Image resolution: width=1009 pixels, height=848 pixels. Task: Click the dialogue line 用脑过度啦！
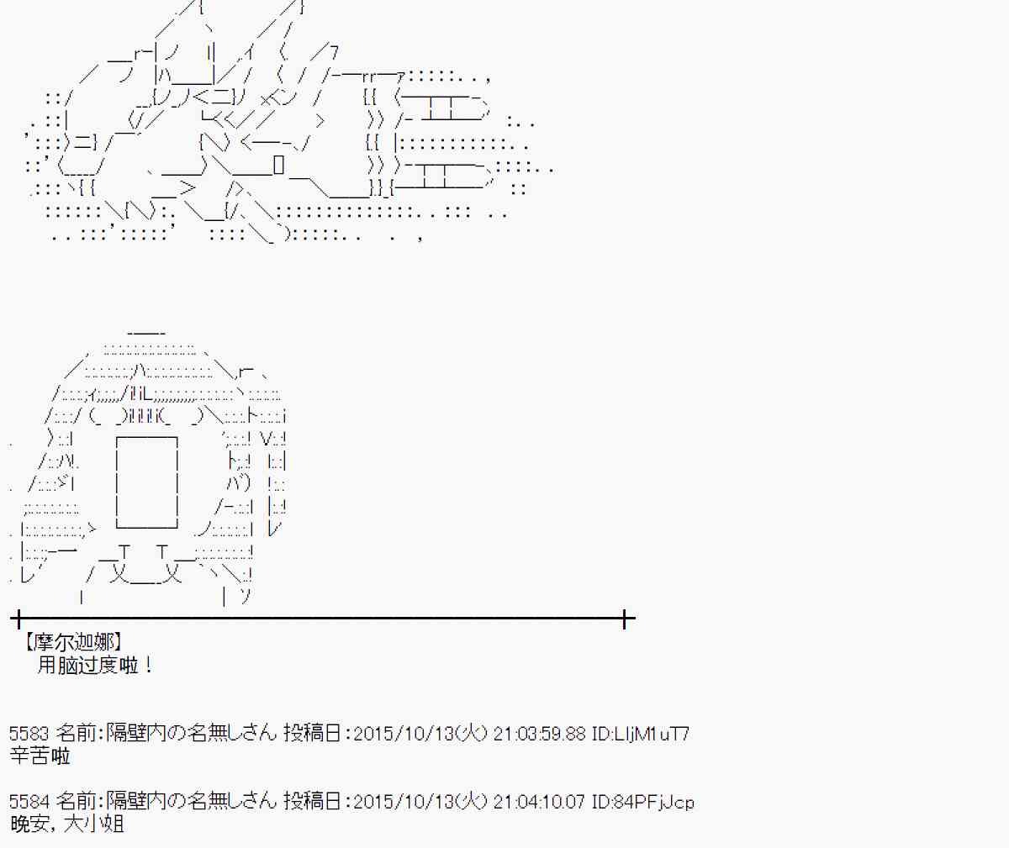pyautogui.click(x=95, y=666)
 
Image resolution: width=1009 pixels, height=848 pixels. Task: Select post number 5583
pyautogui.click(x=29, y=734)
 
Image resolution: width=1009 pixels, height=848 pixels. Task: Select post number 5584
pyautogui.click(x=29, y=802)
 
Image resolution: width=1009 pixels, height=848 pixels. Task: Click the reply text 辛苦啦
pyautogui.click(x=40, y=756)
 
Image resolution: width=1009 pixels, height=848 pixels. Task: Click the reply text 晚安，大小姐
pyautogui.click(x=67, y=824)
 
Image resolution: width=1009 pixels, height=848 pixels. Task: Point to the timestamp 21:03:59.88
pyautogui.click(x=539, y=734)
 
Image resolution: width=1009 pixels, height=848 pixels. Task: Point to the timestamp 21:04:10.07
pyautogui.click(x=539, y=802)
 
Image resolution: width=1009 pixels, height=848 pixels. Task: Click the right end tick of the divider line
pyautogui.click(x=625, y=620)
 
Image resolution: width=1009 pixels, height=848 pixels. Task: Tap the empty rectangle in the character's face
pyautogui.click(x=146, y=482)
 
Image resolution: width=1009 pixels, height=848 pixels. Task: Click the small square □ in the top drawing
pyautogui.click(x=279, y=165)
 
